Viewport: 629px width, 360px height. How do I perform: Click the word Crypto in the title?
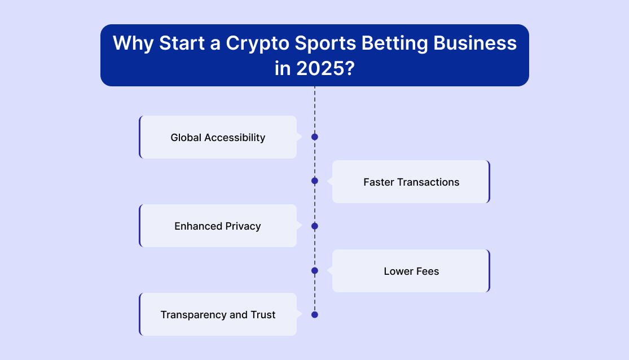tap(257, 44)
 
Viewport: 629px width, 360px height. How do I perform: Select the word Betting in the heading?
tap(394, 44)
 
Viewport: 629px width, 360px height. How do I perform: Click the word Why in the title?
tap(133, 44)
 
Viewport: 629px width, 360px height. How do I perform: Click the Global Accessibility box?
tap(218, 137)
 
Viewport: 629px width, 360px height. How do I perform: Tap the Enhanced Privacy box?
tap(218, 226)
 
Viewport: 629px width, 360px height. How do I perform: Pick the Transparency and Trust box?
tap(218, 314)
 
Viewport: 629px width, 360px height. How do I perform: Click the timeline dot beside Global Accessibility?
tap(315, 137)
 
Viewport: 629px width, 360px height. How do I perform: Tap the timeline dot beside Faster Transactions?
tap(315, 181)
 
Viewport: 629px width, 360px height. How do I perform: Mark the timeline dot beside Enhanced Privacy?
tap(315, 226)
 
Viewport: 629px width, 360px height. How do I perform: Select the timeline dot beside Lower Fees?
tap(315, 270)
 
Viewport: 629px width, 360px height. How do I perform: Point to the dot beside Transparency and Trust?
tap(315, 315)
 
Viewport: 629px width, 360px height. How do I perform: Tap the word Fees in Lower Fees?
tap(427, 271)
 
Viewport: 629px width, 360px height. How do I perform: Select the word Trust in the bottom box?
tap(263, 315)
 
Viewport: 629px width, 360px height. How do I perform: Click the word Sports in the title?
tap(326, 44)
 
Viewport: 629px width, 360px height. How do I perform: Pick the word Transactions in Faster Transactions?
tap(428, 182)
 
